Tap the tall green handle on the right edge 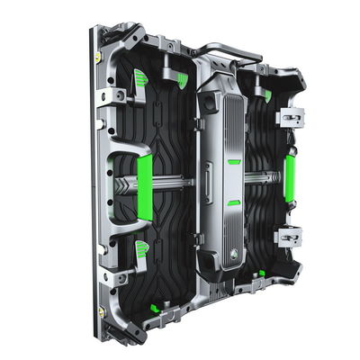(290, 177)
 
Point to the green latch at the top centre (182, 80)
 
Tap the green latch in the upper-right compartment (267, 94)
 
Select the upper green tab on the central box (234, 163)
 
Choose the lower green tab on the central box (233, 203)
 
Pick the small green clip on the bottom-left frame (155, 309)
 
